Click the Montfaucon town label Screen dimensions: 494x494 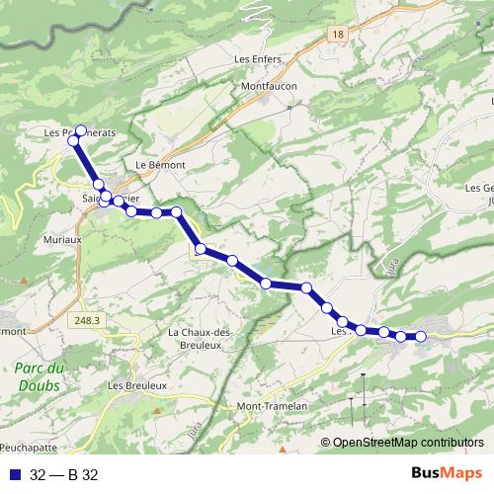[x=269, y=87]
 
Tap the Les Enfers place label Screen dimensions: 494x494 [x=258, y=59]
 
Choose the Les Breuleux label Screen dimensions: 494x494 [x=136, y=384]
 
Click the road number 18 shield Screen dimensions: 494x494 [x=339, y=34]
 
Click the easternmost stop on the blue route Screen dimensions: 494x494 [x=420, y=337]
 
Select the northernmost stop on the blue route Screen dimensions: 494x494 [x=81, y=129]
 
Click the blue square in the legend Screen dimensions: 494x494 [x=12, y=475]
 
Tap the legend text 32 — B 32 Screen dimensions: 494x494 [x=63, y=475]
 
